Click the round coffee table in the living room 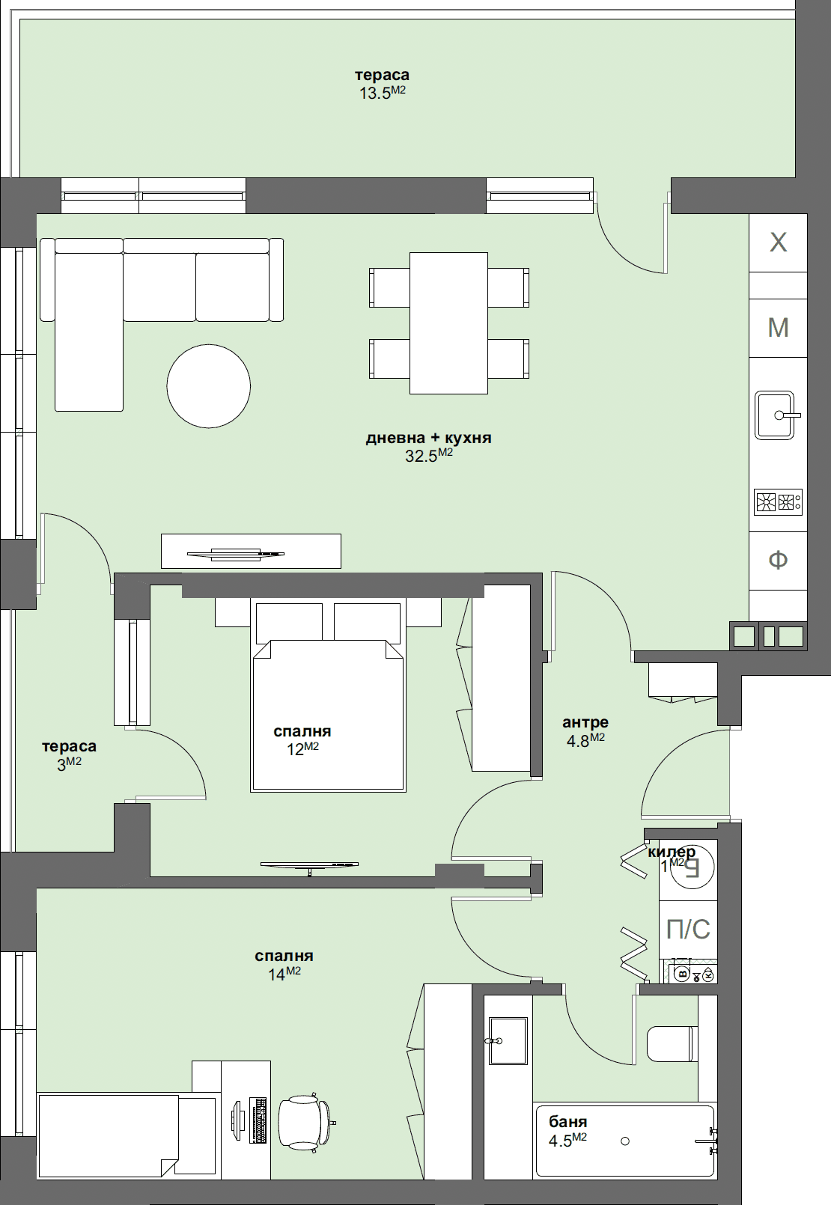coord(208,386)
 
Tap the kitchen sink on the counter coord(774,415)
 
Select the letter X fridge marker coord(779,242)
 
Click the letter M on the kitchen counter coord(779,328)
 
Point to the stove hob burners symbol coord(778,501)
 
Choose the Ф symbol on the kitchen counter coord(779,560)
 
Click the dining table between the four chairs coord(448,323)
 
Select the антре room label coord(585,722)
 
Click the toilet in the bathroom coord(671,1044)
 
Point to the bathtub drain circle coord(625,1141)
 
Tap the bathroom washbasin coord(508,1040)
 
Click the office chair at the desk coord(305,1123)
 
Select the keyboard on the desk coord(258,1120)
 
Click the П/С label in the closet coord(688,929)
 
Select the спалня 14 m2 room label coord(284,964)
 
